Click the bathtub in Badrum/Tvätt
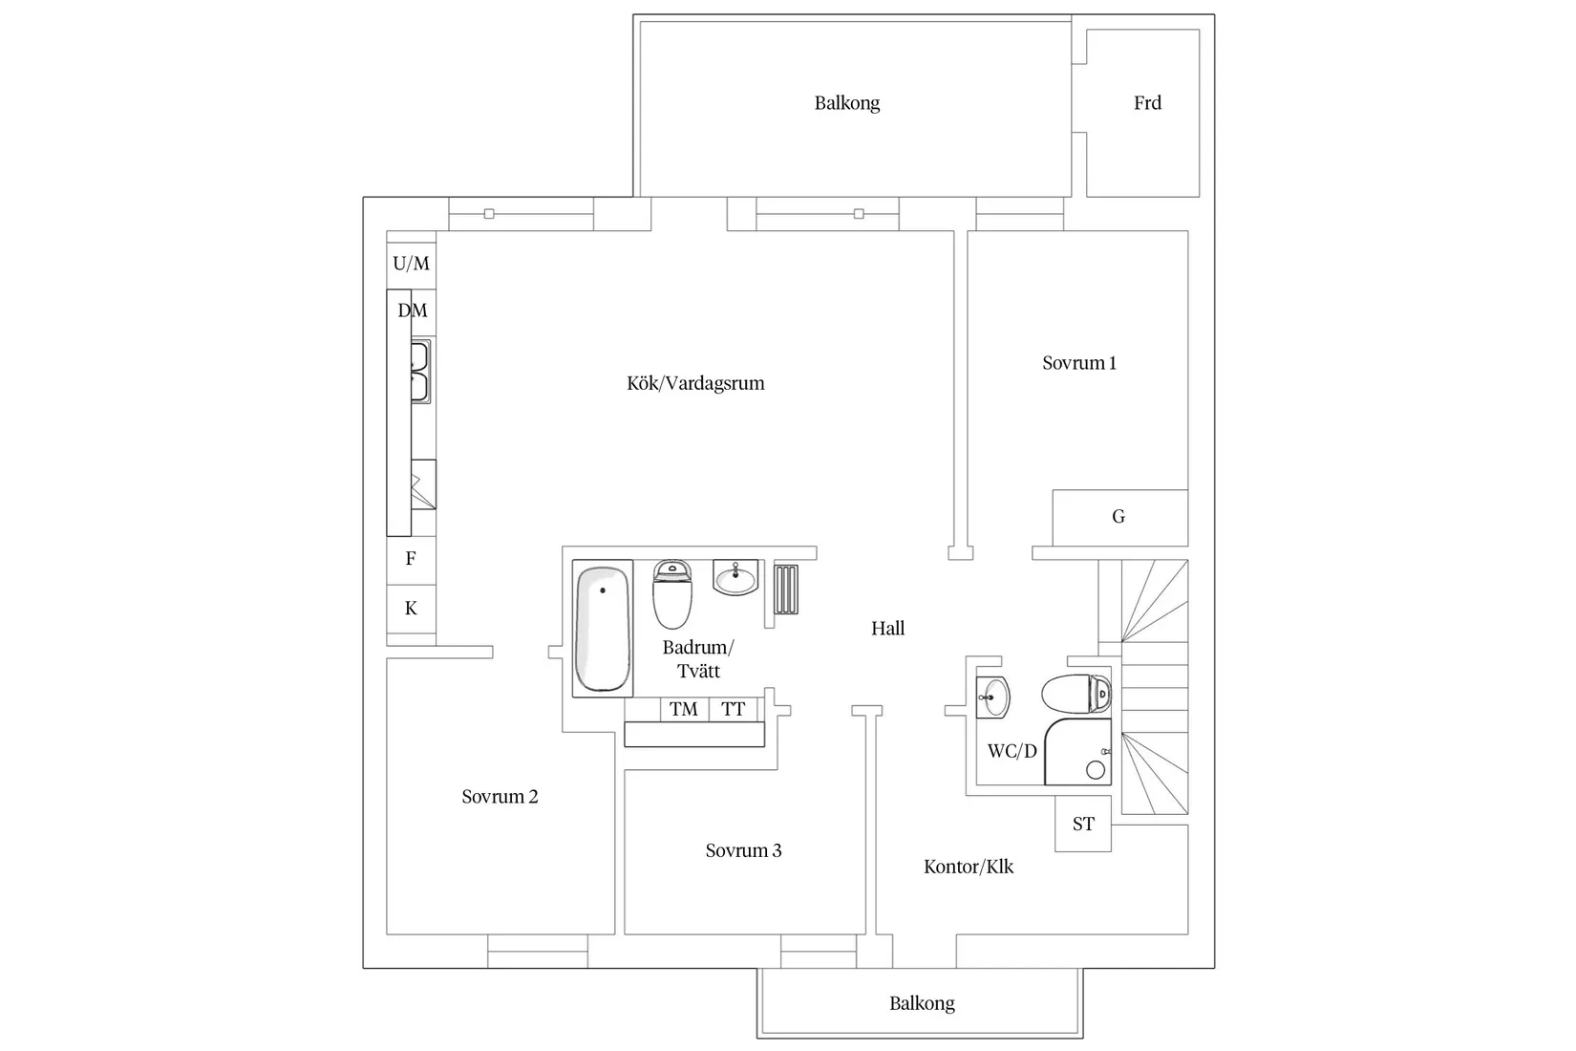603,628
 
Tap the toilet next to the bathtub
672,593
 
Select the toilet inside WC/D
1076,694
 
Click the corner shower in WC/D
1078,753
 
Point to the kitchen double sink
420,371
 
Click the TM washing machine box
684,709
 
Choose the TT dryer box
734,709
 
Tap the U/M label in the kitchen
412,263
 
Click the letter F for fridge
411,559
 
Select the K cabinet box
411,609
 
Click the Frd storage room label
1147,103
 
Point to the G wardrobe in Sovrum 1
1118,517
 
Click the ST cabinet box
1083,824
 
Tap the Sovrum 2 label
500,797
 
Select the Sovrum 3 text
743,850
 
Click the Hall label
887,629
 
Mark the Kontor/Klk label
969,867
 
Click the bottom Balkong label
922,1003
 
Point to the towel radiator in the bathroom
786,589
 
